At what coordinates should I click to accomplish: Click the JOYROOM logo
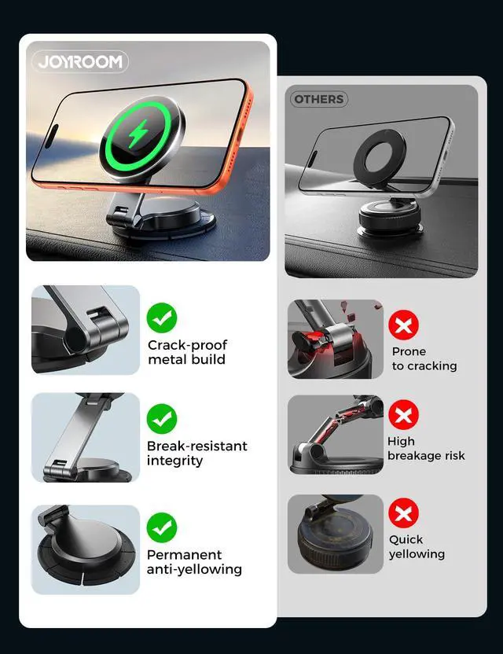point(80,62)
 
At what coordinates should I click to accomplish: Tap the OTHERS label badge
point(319,99)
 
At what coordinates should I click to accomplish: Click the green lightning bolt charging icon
point(138,134)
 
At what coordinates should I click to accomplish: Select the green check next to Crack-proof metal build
point(162,318)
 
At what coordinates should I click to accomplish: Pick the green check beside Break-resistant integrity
point(162,419)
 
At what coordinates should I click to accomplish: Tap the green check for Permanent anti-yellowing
point(162,528)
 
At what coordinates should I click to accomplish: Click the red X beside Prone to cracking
point(403,325)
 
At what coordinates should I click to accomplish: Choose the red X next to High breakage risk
point(403,414)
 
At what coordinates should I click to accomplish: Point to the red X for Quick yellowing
point(403,513)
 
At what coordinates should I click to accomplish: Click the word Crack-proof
point(188,345)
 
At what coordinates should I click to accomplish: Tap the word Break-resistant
point(196,446)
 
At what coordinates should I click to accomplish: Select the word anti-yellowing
point(194,570)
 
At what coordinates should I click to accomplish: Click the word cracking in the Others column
point(432,366)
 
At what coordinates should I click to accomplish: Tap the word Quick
point(406,540)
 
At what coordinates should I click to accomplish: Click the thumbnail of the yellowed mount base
point(336,534)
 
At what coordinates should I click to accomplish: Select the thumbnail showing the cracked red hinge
point(336,339)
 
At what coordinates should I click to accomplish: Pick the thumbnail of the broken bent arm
point(336,435)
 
